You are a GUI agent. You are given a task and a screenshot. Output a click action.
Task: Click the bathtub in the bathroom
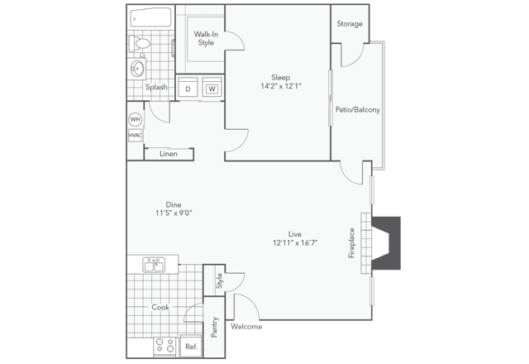tap(150, 18)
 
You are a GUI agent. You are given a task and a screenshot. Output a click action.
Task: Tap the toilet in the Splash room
tap(141, 42)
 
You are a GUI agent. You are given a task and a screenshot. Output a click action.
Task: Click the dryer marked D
tap(188, 89)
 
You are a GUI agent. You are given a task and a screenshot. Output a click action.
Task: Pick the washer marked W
tap(212, 89)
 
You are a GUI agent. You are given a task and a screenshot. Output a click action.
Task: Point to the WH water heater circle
tap(135, 119)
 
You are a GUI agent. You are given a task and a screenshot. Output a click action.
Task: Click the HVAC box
tap(135, 136)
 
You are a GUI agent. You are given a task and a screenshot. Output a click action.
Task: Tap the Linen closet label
tap(168, 154)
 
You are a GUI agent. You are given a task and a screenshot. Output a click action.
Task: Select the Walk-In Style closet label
tap(205, 38)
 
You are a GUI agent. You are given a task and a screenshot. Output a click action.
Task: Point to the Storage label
tap(350, 24)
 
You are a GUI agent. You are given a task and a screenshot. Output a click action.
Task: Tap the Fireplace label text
tap(351, 244)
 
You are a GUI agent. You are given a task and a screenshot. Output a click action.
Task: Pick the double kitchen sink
tap(155, 266)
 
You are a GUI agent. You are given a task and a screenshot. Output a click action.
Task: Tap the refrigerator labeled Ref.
tap(190, 347)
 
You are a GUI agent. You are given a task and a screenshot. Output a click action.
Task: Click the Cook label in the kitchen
tap(160, 306)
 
